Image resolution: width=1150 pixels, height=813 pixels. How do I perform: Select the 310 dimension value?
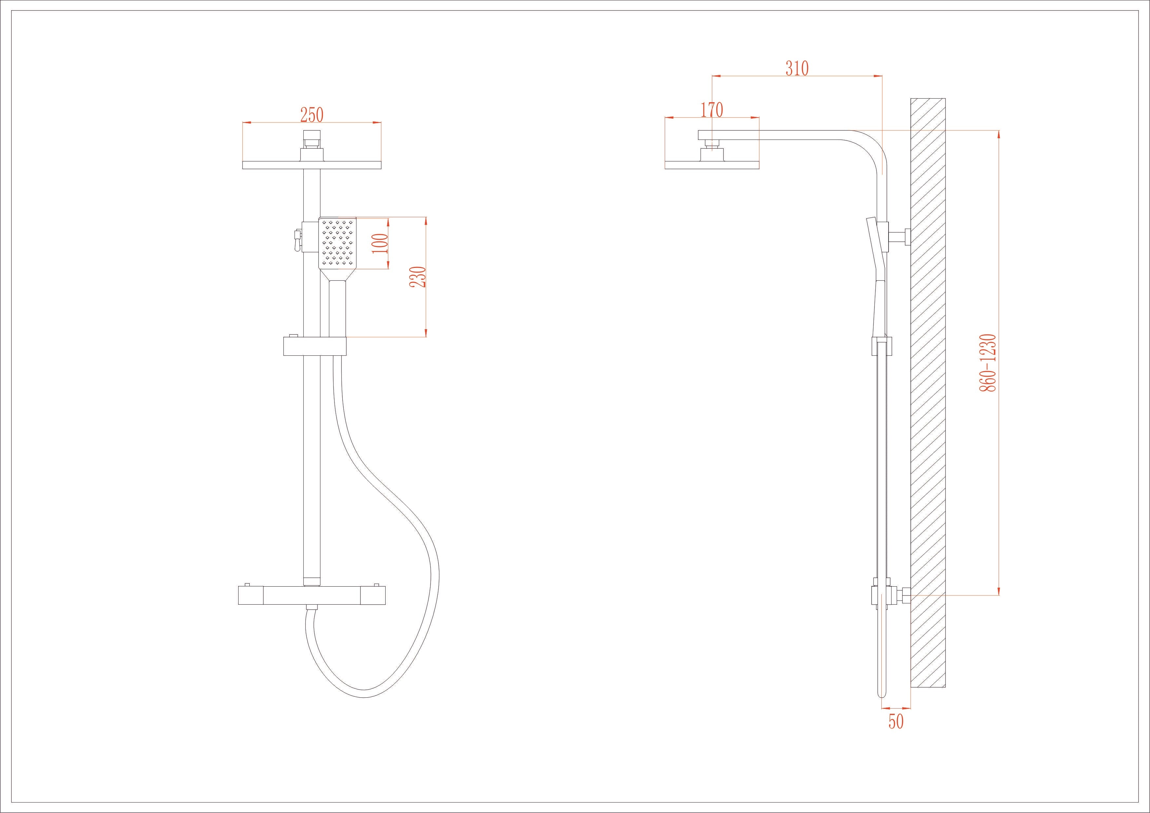click(x=796, y=68)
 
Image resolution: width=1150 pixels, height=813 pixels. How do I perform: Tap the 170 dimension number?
click(x=711, y=110)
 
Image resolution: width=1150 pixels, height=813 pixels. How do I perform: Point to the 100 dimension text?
click(x=381, y=243)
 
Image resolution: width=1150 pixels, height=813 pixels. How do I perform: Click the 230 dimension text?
click(x=418, y=277)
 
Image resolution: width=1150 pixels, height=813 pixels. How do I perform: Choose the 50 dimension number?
click(x=896, y=722)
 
